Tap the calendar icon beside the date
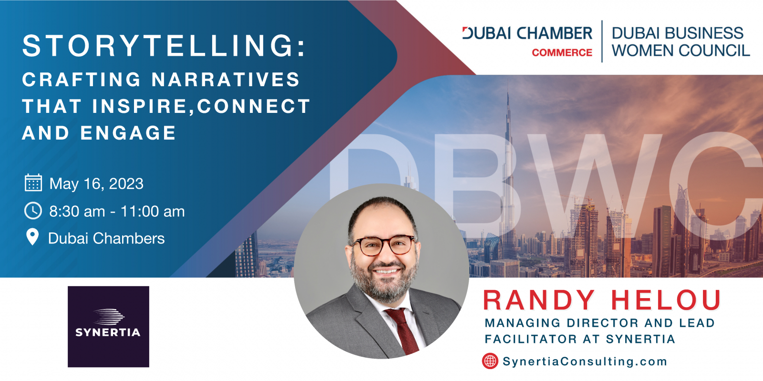pos(33,183)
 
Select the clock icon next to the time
pos(33,211)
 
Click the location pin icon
pos(33,237)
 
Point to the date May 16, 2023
pos(96,184)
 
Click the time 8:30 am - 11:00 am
pos(117,211)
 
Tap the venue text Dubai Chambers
pos(106,238)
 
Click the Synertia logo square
pos(108,327)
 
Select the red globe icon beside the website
pos(490,361)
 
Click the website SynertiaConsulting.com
pos(585,361)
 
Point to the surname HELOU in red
pos(666,301)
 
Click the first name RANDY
pos(539,301)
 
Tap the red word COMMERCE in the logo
pos(562,53)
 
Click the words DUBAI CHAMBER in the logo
pos(527,33)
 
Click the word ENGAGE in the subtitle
pos(128,133)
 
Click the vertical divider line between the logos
pos(602,41)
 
